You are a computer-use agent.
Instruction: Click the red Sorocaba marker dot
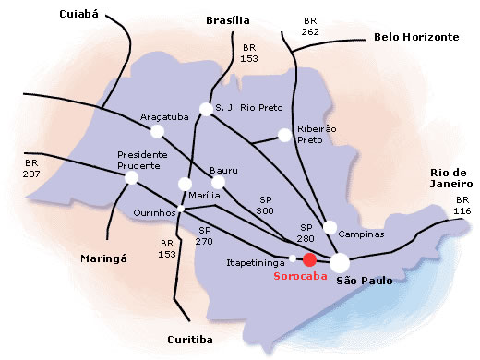(309, 260)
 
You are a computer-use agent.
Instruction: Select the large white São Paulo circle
(341, 260)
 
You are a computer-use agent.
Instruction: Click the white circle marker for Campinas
(330, 226)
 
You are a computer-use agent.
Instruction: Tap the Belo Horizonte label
(416, 37)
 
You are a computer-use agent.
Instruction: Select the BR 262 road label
(309, 26)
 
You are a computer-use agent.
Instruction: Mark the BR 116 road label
(462, 206)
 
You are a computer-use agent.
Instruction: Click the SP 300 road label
(267, 206)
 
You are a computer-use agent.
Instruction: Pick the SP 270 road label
(205, 235)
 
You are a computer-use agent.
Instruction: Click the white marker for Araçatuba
(156, 133)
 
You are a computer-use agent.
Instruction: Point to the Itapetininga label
(255, 262)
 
